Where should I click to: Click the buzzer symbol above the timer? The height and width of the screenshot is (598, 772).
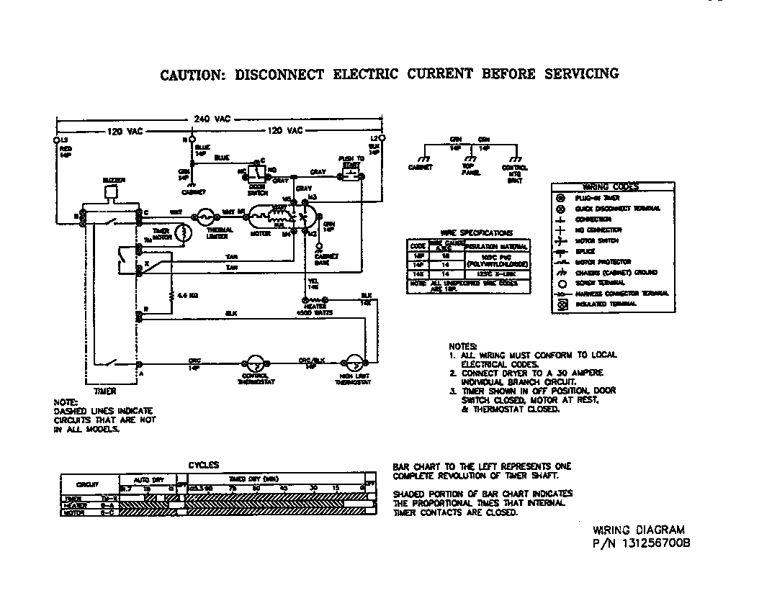[x=110, y=191]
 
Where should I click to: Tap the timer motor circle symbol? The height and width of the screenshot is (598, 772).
[x=184, y=232]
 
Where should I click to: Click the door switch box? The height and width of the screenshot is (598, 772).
[x=256, y=172]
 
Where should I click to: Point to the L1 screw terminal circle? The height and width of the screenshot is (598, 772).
[x=55, y=138]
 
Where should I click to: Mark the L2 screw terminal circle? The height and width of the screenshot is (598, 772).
[x=382, y=137]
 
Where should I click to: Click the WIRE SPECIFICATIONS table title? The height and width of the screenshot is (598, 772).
[x=467, y=233]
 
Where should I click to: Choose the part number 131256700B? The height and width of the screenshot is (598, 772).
[x=654, y=544]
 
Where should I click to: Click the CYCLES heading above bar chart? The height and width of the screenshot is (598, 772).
[x=204, y=466]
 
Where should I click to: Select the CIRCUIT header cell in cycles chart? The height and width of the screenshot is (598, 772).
[x=87, y=484]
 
